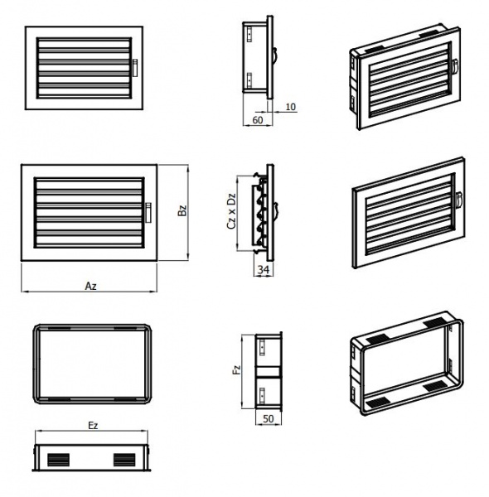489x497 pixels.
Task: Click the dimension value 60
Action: tap(258, 120)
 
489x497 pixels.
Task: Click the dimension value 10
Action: tap(290, 107)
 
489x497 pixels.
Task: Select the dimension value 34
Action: tap(264, 269)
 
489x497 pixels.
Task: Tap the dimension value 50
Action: tap(269, 418)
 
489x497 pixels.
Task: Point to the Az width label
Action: tap(90, 287)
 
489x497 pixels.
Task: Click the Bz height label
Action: tap(182, 210)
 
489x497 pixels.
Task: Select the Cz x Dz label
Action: tap(232, 210)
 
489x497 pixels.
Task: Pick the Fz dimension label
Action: tap(237, 370)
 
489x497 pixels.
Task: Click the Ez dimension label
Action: tap(93, 426)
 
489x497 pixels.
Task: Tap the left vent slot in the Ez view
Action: tap(58, 460)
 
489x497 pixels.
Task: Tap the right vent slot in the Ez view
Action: tap(124, 460)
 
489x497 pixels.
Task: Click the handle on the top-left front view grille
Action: tap(135, 68)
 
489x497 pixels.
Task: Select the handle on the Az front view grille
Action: tap(148, 213)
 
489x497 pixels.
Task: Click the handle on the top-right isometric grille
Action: tap(455, 67)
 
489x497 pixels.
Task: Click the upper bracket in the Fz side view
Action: tap(262, 348)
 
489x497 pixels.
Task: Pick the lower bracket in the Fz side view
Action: tap(262, 396)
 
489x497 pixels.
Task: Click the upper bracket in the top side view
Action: tap(249, 34)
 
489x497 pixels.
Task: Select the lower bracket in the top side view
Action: tap(249, 80)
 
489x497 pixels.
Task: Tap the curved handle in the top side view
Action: tap(275, 57)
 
